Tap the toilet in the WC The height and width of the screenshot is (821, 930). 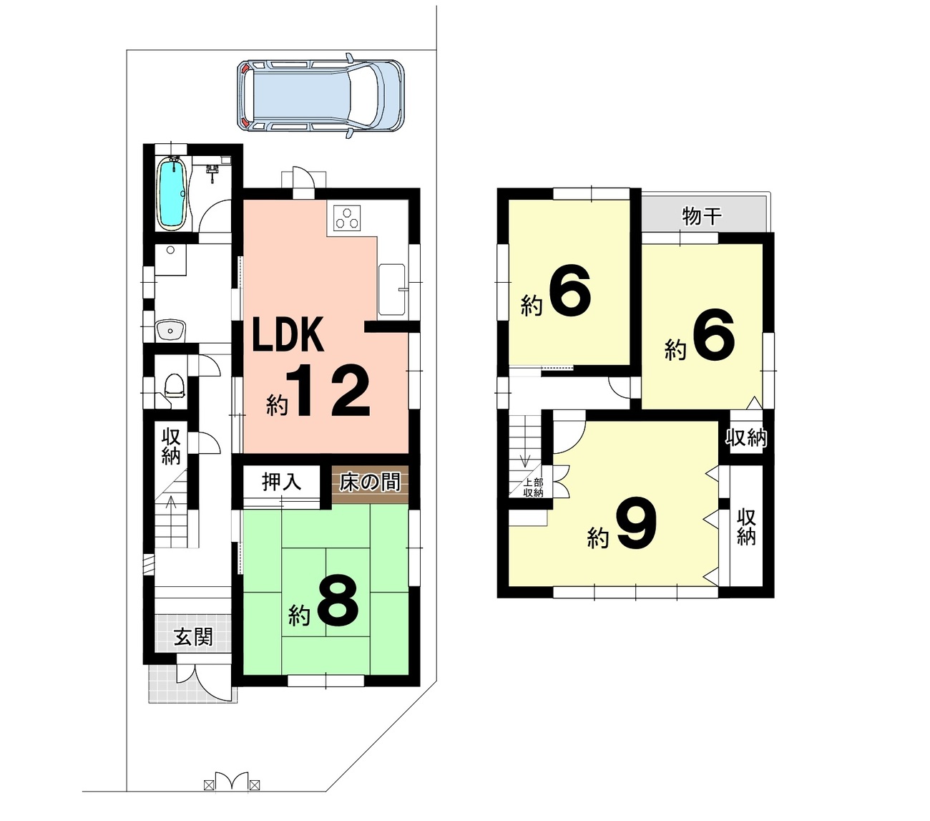click(174, 386)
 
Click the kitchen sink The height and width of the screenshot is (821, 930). click(391, 289)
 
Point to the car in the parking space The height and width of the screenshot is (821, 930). click(320, 96)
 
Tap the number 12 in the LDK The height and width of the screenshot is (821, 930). click(328, 391)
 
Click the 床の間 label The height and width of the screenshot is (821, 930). click(370, 483)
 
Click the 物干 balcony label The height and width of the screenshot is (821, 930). click(702, 216)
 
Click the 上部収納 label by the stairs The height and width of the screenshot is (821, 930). click(534, 488)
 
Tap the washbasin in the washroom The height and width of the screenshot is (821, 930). click(170, 330)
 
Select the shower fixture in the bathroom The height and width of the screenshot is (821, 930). click(212, 173)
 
